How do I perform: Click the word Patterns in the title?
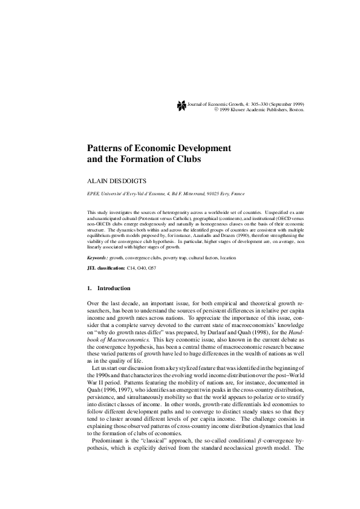[110, 148]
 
